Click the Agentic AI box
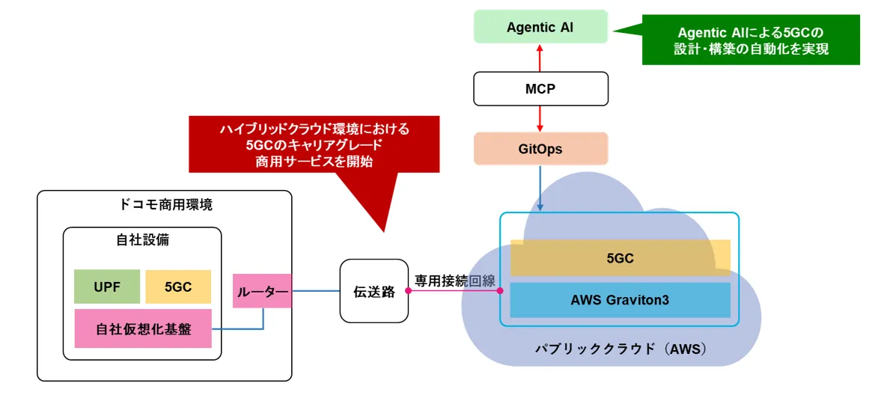(540, 27)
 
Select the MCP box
(540, 88)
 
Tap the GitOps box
(540, 149)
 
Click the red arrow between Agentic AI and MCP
(540, 57)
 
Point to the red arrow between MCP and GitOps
(540, 118)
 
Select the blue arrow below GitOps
(540, 188)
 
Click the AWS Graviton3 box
(620, 300)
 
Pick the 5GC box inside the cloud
(620, 258)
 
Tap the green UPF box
(106, 287)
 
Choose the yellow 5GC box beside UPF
(178, 287)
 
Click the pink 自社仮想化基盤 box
(143, 328)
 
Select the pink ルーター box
(262, 291)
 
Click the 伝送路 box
(374, 291)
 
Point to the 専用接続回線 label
(455, 281)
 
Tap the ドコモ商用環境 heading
(165, 204)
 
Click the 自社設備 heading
(142, 240)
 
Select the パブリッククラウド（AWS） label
(621, 349)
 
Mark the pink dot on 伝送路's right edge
(409, 291)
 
